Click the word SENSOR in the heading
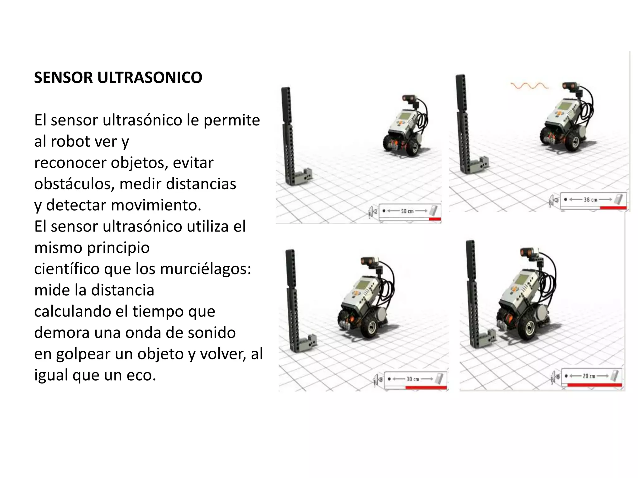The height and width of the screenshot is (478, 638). pyautogui.click(x=64, y=78)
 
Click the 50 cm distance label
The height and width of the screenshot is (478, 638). pyautogui.click(x=407, y=211)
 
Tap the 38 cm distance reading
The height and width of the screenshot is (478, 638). pyautogui.click(x=590, y=200)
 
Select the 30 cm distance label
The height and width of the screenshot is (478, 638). pyautogui.click(x=413, y=379)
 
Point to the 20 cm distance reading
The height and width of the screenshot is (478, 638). pyautogui.click(x=589, y=376)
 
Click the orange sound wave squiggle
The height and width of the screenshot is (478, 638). pyautogui.click(x=529, y=85)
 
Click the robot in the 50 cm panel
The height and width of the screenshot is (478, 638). pyautogui.click(x=405, y=128)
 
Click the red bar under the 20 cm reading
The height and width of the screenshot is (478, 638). pyautogui.click(x=594, y=385)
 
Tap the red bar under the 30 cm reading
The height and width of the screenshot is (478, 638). pyautogui.click(x=426, y=388)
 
